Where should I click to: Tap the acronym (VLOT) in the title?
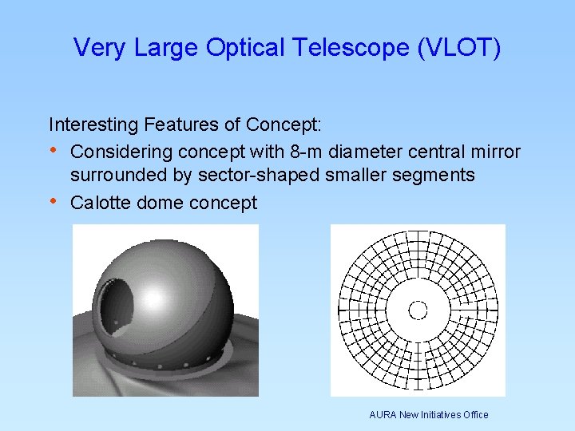pos(458,48)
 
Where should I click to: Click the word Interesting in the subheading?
pos(93,125)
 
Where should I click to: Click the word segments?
pos(438,175)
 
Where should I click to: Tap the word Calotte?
pos(101,203)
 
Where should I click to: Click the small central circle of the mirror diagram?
pos(418,310)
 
